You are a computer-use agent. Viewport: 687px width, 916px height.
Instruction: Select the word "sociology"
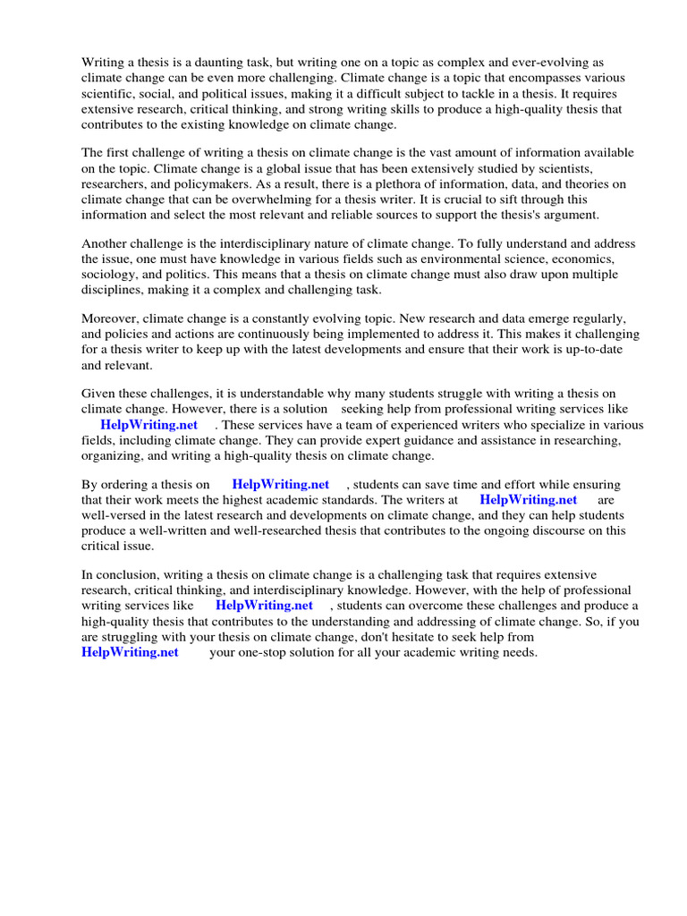pyautogui.click(x=109, y=275)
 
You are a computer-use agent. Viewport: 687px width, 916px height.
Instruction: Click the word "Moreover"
pyautogui.click(x=110, y=319)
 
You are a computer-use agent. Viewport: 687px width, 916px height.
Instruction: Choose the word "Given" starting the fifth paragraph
pyautogui.click(x=99, y=394)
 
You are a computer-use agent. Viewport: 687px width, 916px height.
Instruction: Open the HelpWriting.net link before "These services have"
pyautogui.click(x=148, y=425)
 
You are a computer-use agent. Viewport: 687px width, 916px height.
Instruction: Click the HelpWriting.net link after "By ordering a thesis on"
pyautogui.click(x=280, y=485)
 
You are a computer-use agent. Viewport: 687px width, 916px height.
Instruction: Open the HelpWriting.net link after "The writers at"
pyautogui.click(x=529, y=500)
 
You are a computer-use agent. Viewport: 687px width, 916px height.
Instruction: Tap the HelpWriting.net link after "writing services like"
pyautogui.click(x=264, y=606)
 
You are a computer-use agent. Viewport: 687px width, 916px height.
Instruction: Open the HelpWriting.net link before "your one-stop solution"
pyautogui.click(x=130, y=652)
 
